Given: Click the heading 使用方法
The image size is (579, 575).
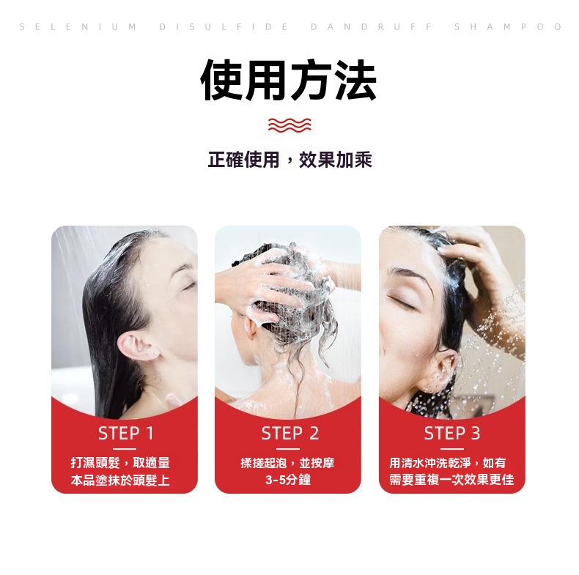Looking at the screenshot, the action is [x=288, y=80].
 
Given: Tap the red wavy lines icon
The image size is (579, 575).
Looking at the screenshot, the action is [x=289, y=125].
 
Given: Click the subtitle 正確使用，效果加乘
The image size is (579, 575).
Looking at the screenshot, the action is [x=289, y=160].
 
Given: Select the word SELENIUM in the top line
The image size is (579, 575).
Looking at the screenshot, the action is [x=78, y=27].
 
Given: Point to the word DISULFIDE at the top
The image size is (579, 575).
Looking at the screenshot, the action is [x=224, y=27].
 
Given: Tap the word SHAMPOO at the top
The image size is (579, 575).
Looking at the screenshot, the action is [x=508, y=27].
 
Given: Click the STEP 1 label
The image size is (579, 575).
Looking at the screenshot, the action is [x=125, y=434].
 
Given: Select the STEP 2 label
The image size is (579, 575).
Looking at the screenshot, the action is [x=290, y=434].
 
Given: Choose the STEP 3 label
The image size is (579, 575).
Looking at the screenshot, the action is [x=452, y=434].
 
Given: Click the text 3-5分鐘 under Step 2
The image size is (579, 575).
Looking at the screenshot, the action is [x=288, y=480].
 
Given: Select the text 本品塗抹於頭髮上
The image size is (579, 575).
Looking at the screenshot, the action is [x=120, y=480].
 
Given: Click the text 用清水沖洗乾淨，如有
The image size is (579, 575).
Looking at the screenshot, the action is [x=448, y=462].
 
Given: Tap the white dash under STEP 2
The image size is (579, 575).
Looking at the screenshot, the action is [x=287, y=449].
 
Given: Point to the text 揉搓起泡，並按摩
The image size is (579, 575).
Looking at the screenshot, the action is [x=287, y=462].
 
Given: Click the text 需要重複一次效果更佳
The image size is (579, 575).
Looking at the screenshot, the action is [x=451, y=480].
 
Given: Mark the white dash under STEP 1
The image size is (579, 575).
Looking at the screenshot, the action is [x=125, y=449].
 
